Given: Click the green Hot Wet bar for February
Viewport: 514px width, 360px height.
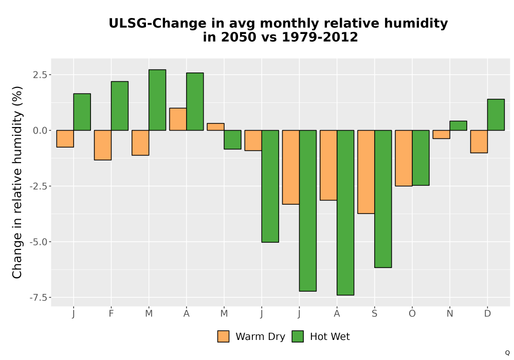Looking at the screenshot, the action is pos(120,106).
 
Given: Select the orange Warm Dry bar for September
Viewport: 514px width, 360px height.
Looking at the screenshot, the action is pos(366,172).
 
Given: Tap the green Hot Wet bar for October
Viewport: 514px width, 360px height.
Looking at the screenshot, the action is pos(420,158).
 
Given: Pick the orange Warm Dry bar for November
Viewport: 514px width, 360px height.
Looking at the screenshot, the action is pos(441,134).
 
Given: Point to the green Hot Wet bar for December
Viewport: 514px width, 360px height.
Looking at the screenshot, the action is pos(496,115).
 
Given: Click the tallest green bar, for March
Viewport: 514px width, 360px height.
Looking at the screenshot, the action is pos(157,100).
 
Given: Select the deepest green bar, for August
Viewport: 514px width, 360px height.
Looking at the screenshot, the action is pos(345,212).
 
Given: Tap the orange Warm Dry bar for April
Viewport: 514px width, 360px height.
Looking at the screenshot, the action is pos(178,119).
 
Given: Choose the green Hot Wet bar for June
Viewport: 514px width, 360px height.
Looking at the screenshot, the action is pos(270,186).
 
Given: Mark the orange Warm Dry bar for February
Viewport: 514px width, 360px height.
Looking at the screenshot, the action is pos(103,145).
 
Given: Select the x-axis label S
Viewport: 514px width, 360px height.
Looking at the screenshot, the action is pos(374,314).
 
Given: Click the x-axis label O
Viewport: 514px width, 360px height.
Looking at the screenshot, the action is pos(412,314).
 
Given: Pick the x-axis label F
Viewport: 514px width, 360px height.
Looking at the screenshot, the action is pos(111,314).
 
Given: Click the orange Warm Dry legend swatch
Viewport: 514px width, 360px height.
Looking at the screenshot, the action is pos(223,336).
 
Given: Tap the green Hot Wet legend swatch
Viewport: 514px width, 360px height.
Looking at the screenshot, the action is pos(298,336).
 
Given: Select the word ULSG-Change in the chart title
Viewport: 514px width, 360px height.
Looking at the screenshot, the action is pos(158,24).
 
